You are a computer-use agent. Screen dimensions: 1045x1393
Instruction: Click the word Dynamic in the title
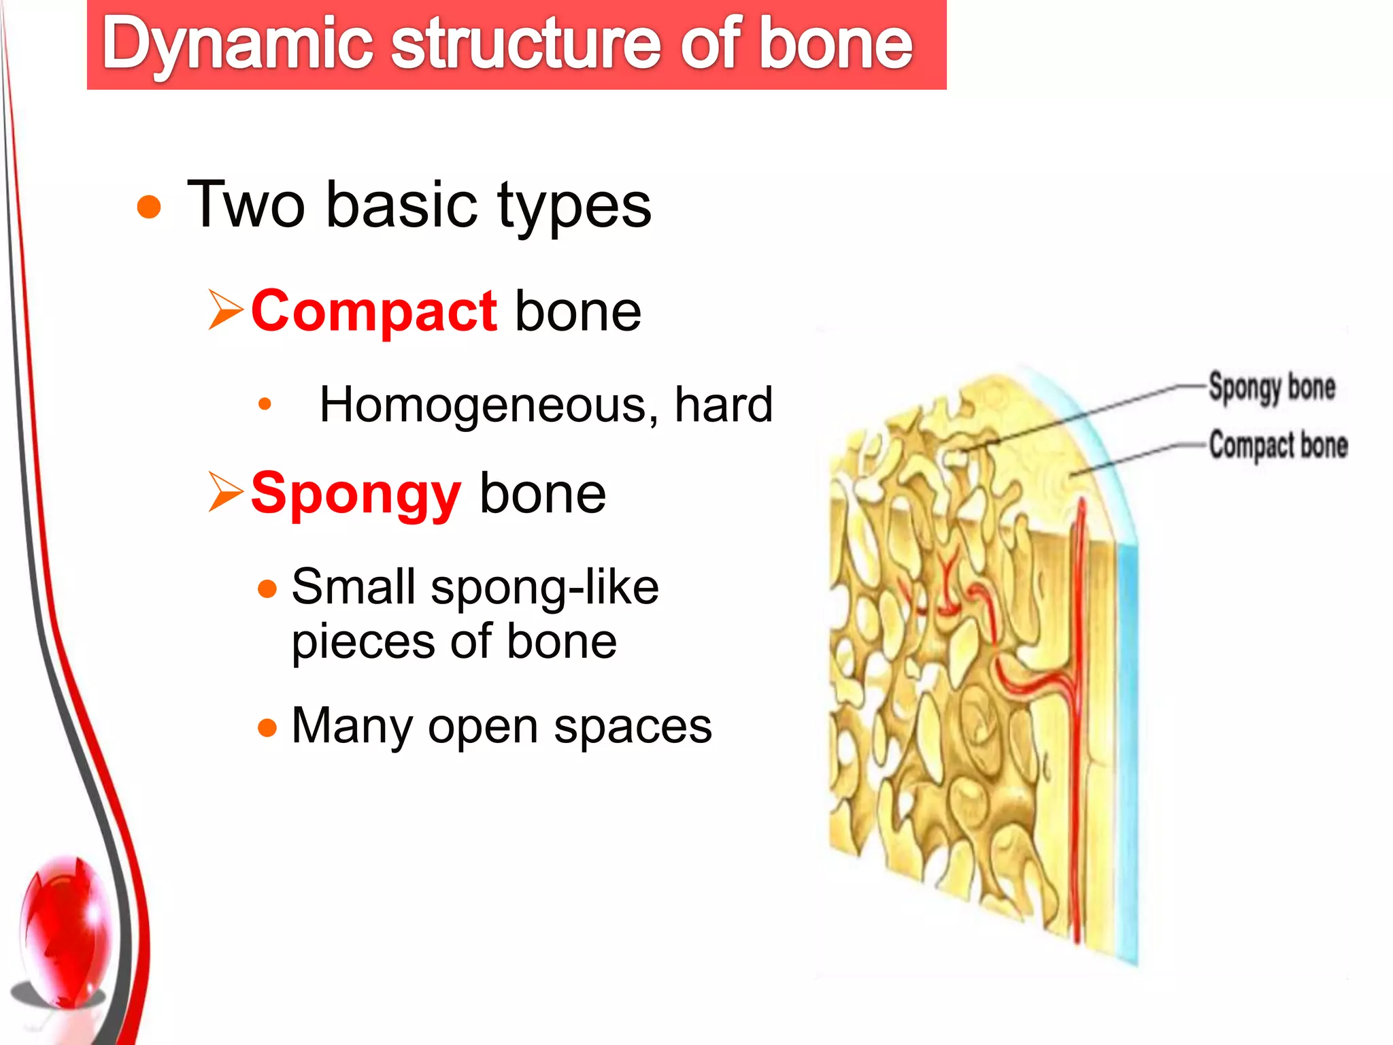[x=237, y=45]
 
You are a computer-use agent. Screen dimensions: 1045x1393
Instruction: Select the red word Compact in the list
[x=374, y=311]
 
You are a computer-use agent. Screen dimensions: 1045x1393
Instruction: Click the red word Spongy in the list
[x=356, y=493]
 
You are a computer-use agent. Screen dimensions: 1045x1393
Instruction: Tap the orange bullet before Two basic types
[x=149, y=207]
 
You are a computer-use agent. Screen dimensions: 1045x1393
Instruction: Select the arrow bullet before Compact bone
[x=225, y=310]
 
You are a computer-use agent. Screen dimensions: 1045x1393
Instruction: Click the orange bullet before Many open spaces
[x=268, y=728]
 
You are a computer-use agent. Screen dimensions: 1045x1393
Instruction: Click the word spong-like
[x=544, y=587]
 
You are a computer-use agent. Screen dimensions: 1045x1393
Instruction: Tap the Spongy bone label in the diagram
[x=1271, y=387]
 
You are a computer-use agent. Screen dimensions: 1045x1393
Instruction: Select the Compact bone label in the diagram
[x=1278, y=446]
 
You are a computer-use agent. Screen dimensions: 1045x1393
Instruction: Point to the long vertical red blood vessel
[x=1077, y=748]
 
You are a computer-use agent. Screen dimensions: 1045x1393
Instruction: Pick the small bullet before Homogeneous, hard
[x=265, y=405]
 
